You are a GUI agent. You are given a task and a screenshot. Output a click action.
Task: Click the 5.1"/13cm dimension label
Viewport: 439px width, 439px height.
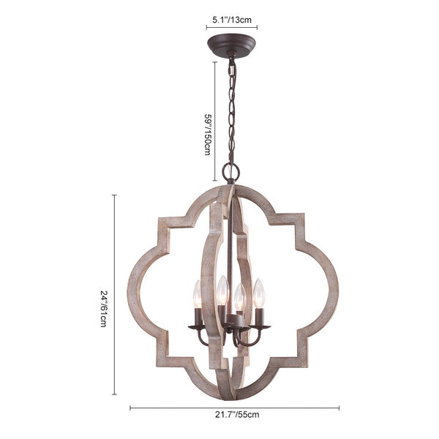(232, 20)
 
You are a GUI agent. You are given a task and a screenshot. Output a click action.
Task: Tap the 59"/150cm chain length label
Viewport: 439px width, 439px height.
(208, 135)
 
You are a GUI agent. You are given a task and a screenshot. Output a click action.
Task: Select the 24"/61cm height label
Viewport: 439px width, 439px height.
(103, 309)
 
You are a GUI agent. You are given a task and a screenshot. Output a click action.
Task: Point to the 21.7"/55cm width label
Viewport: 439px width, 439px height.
(237, 415)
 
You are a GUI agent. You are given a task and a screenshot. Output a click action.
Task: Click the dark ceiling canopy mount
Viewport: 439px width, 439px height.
(231, 45)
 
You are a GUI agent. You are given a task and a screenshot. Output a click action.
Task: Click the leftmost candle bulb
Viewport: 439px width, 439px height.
(198, 294)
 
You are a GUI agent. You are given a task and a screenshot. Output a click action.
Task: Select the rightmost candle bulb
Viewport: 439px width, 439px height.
(259, 293)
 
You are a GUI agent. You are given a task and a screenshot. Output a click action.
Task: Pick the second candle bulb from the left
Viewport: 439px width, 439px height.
(223, 290)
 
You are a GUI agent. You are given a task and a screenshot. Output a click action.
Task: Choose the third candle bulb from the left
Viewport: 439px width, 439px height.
(240, 297)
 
